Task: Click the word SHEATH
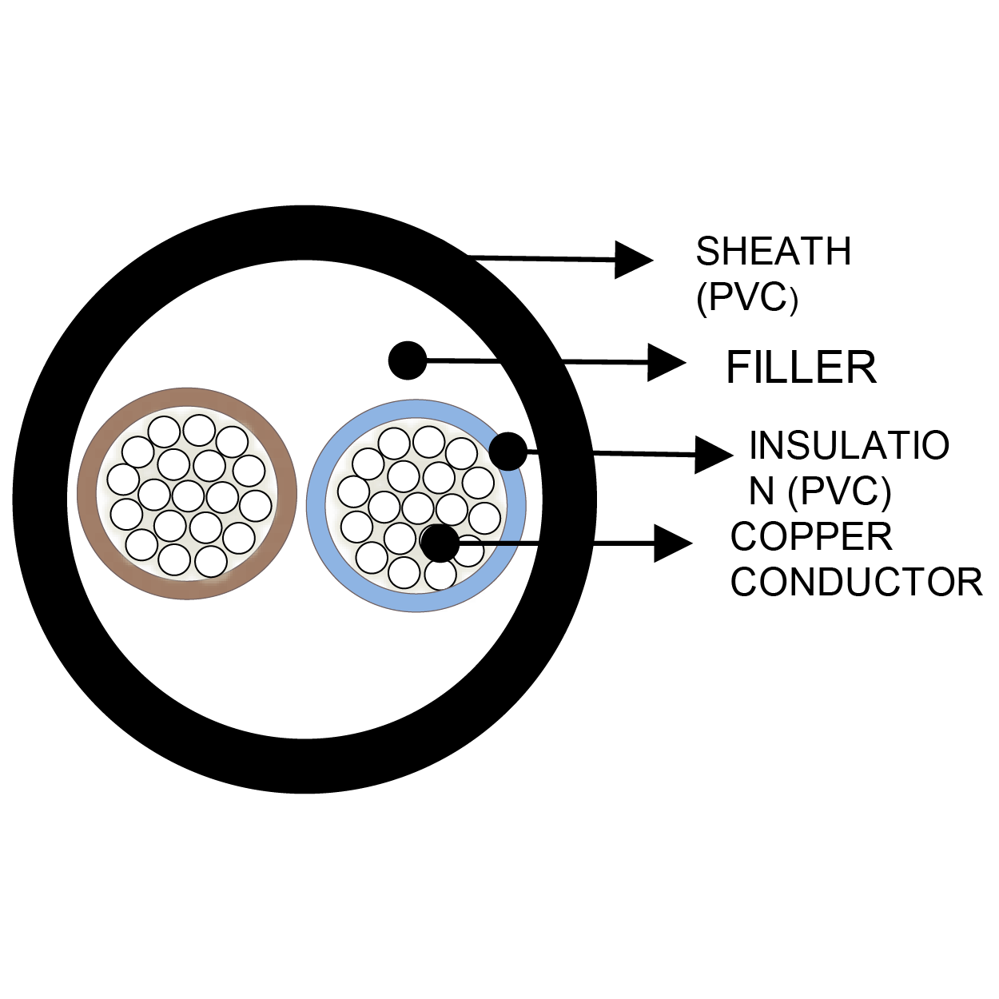pos(773,252)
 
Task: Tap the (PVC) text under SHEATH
pos(746,298)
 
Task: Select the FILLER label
pos(801,368)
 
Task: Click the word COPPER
pos(811,537)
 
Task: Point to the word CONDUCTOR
pos(856,582)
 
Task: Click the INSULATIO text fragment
pos(849,446)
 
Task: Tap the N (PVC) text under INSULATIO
pos(820,492)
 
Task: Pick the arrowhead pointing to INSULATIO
pos(713,455)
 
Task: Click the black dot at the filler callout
pos(408,360)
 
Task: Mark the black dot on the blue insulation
pos(508,452)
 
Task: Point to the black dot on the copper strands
pos(440,543)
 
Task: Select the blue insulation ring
pos(316,505)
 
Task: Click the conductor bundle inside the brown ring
pos(188,494)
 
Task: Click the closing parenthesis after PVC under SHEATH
pos(793,302)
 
